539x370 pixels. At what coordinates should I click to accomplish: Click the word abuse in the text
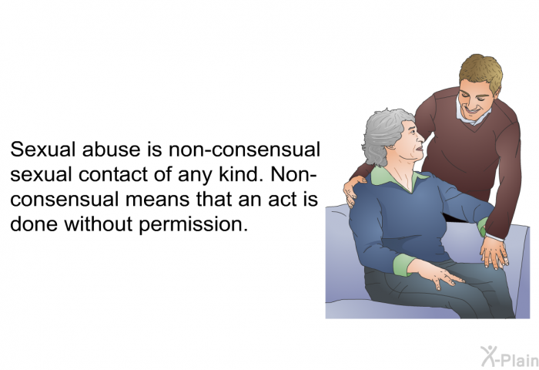tap(111, 150)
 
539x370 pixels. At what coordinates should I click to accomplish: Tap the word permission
tap(193, 225)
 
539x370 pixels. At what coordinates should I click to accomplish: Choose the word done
tap(34, 224)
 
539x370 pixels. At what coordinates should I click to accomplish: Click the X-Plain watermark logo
tap(510, 356)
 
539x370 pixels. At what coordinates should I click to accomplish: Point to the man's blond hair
tap(481, 71)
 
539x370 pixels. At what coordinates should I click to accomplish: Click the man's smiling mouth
tap(471, 111)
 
